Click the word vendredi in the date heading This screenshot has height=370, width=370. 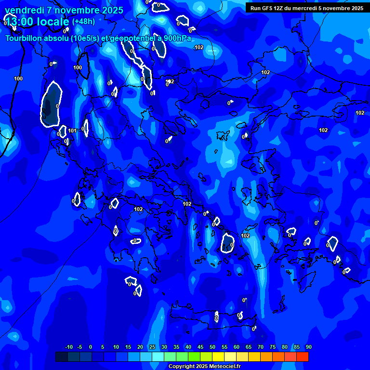[23, 10]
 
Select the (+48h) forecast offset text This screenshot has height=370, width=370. [83, 22]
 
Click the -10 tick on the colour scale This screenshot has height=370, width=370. [68, 347]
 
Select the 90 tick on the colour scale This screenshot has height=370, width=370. [308, 347]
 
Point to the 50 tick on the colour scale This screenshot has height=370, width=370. [212, 347]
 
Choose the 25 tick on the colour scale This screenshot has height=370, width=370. [152, 347]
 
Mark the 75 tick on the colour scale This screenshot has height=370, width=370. [272, 347]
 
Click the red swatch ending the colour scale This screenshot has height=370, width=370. [302, 357]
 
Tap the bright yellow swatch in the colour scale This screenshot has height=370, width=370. [218, 357]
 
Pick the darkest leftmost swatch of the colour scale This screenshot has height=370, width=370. [61, 357]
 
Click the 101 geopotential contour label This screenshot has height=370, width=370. [72, 131]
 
